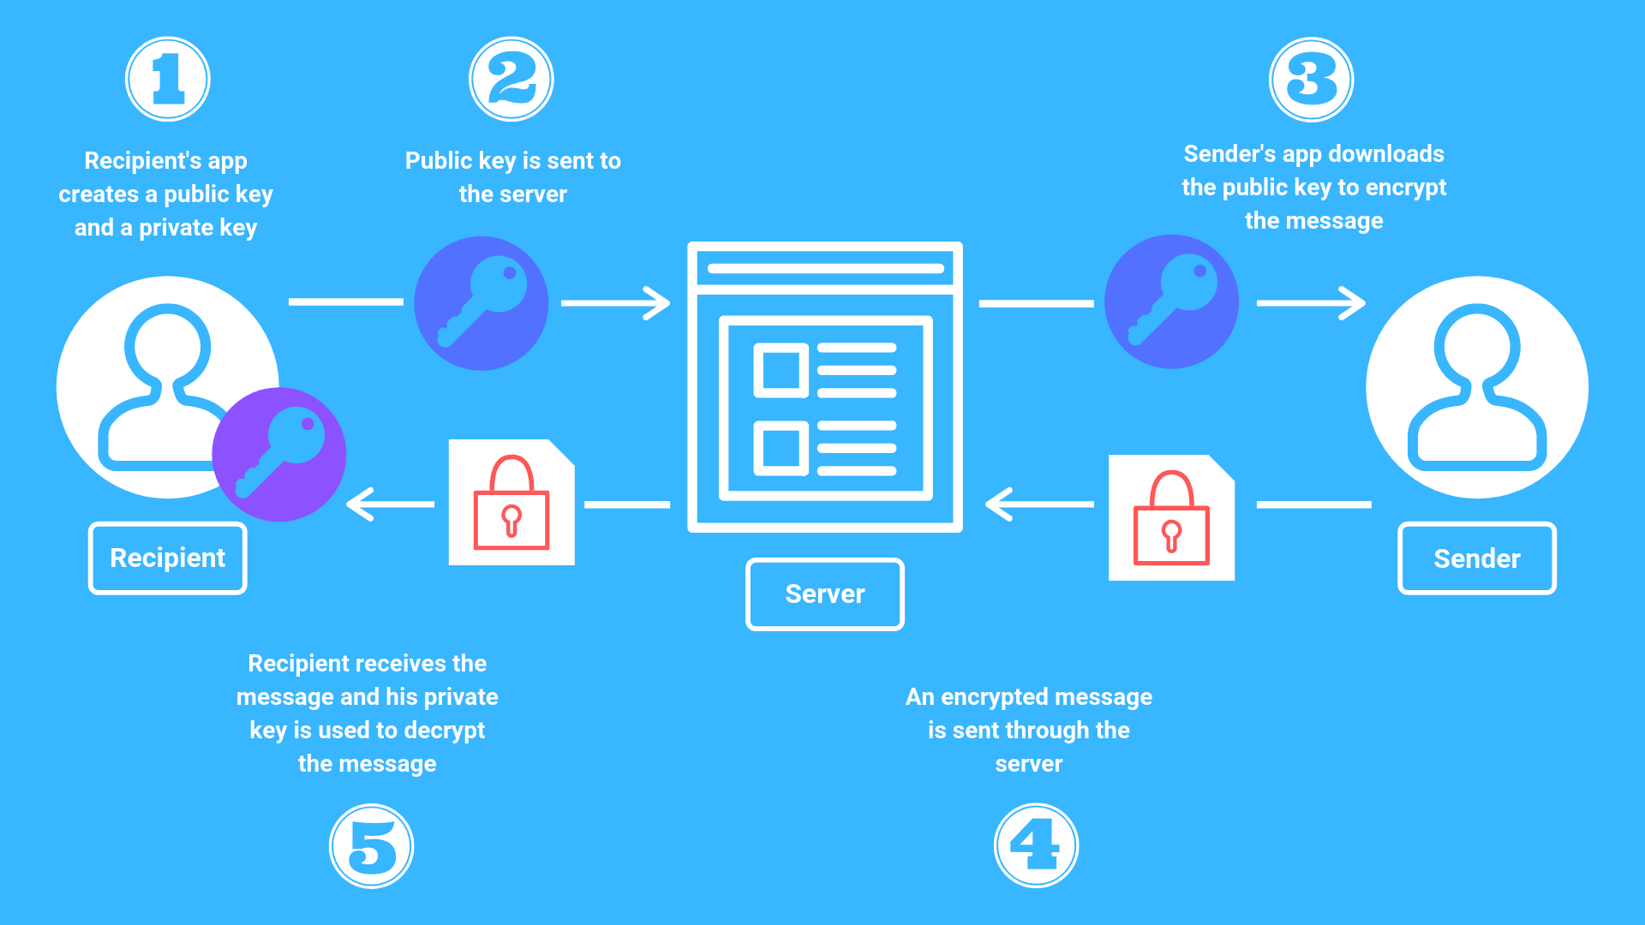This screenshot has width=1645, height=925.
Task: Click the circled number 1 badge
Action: tap(168, 80)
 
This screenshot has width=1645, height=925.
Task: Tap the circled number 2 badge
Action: tap(511, 80)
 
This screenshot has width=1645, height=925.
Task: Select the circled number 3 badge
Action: tap(1311, 81)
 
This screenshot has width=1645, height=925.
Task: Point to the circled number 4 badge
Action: tap(1036, 845)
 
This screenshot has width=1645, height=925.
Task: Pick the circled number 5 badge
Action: tap(372, 846)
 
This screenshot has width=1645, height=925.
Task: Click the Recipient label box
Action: tap(168, 558)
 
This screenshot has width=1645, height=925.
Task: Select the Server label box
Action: tap(824, 594)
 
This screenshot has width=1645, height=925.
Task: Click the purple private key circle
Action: tap(279, 455)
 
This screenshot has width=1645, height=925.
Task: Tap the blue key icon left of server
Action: tap(482, 303)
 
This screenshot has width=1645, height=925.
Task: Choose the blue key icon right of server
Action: tap(1171, 302)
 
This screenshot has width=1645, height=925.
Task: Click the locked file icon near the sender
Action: tap(1171, 517)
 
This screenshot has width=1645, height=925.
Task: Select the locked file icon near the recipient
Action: tap(511, 503)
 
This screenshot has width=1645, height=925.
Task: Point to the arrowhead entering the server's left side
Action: tap(658, 303)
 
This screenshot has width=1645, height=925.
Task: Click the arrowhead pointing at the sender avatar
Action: tap(1354, 303)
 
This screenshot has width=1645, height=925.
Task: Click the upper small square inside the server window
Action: tap(781, 371)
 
